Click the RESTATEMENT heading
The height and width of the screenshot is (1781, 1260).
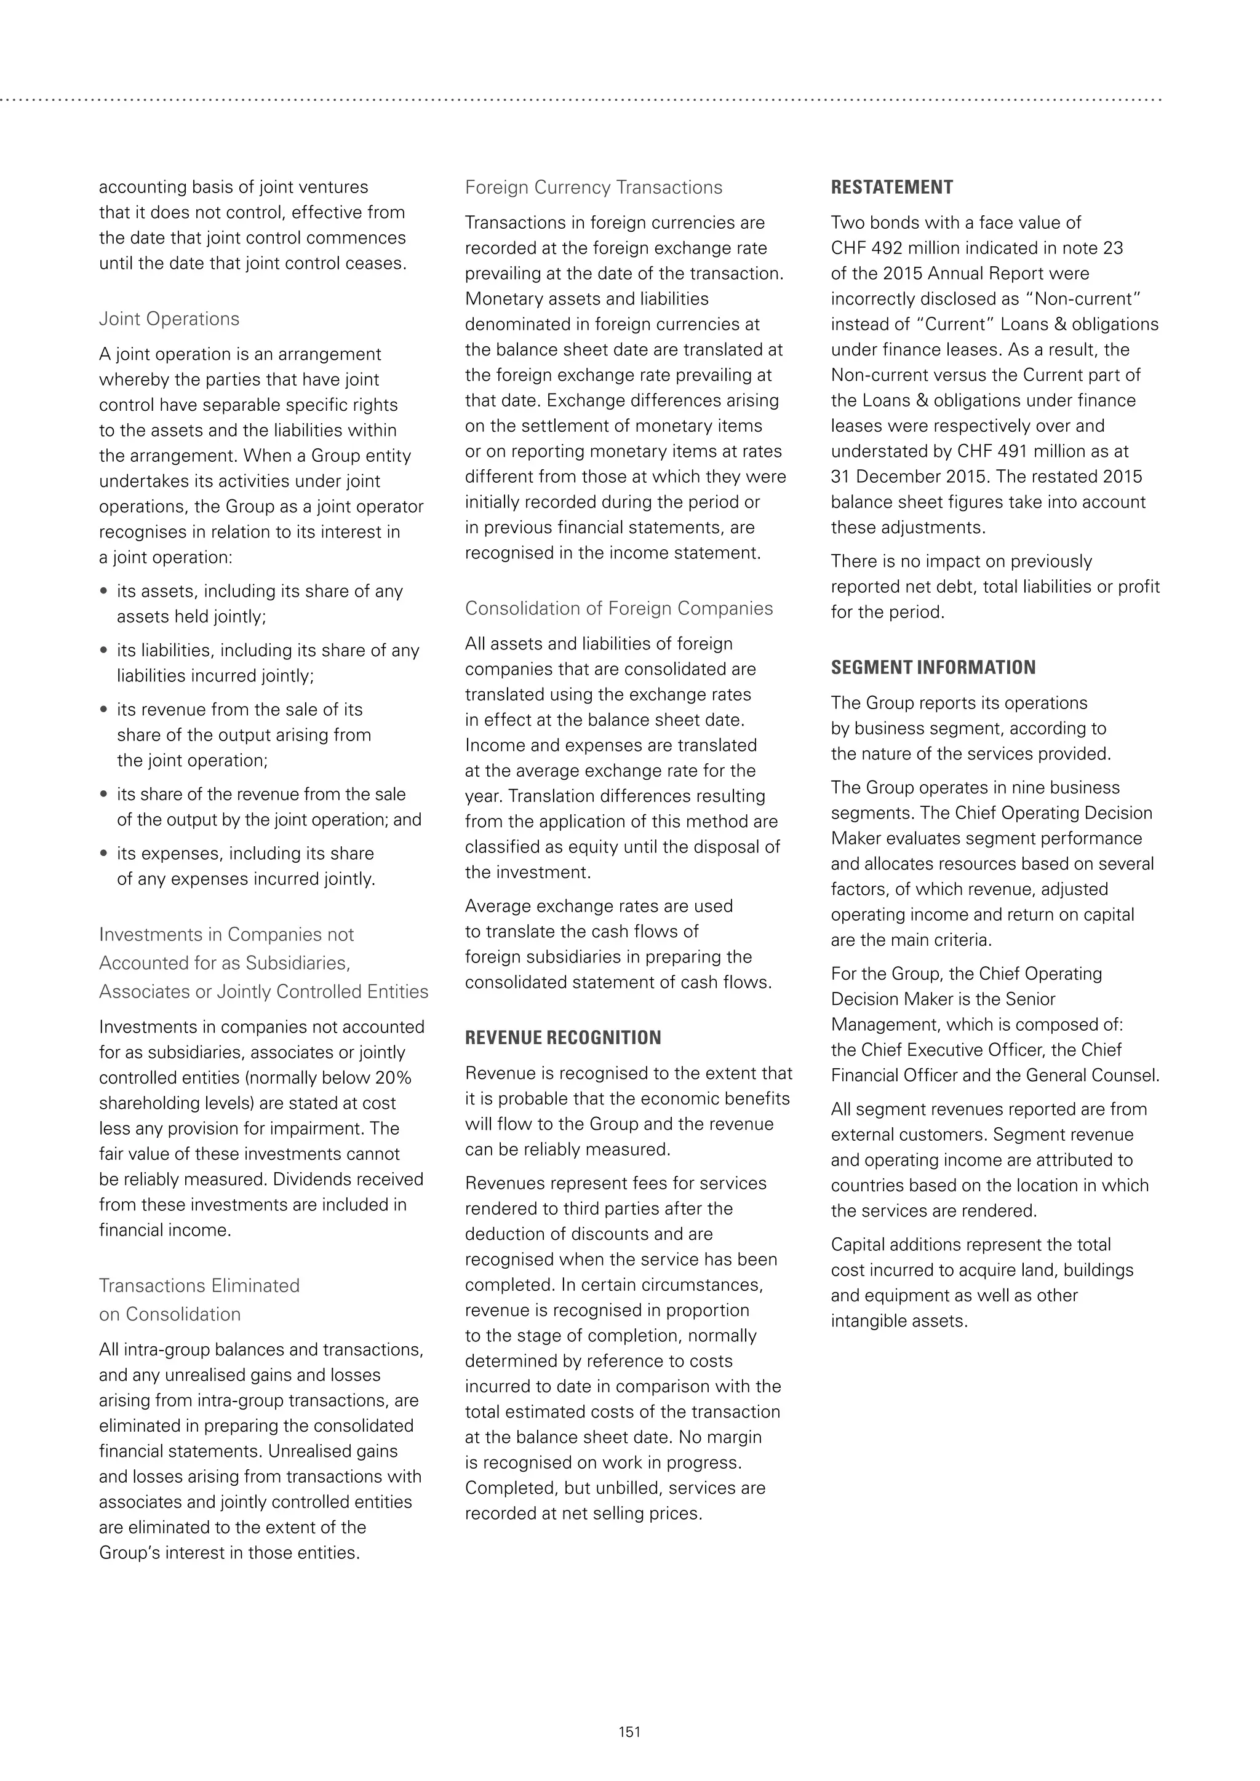(891, 188)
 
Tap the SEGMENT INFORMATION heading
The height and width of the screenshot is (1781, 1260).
(933, 668)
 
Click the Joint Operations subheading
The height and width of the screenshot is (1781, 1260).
(169, 319)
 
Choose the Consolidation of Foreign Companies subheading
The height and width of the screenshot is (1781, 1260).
(618, 608)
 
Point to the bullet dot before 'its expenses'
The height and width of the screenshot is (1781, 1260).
(104, 853)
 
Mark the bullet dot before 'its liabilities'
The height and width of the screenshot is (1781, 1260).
(104, 650)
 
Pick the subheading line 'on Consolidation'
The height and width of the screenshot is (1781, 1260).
(169, 1314)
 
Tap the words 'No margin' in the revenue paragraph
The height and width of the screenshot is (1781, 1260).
(719, 1437)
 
